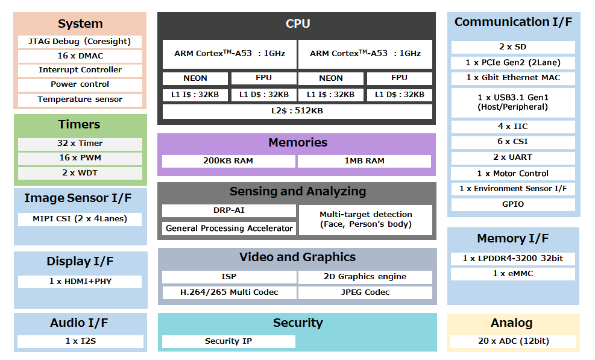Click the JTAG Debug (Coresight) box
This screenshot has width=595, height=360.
click(80, 42)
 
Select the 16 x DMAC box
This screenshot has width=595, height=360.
click(80, 56)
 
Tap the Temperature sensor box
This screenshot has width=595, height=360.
click(80, 99)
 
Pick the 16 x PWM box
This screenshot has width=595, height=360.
click(80, 158)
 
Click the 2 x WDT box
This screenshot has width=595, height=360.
click(80, 173)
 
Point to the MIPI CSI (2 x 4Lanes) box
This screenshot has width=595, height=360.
click(80, 219)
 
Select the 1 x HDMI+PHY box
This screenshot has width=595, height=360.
click(80, 282)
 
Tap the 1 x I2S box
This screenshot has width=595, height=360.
click(80, 341)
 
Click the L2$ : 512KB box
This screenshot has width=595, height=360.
click(297, 111)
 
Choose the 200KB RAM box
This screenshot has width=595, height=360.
click(228, 161)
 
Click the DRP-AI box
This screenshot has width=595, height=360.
click(228, 210)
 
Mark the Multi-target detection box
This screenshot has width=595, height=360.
click(366, 219)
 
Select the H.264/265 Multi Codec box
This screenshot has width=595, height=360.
click(229, 292)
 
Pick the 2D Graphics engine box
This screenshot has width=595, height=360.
click(365, 277)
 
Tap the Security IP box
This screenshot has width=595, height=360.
click(228, 341)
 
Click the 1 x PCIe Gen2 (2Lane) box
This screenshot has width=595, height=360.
click(513, 63)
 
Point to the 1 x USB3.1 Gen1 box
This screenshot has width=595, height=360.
click(513, 103)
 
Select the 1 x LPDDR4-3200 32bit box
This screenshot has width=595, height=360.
click(513, 258)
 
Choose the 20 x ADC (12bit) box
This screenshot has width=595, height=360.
click(513, 341)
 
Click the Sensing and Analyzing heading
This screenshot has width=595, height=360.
click(297, 192)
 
